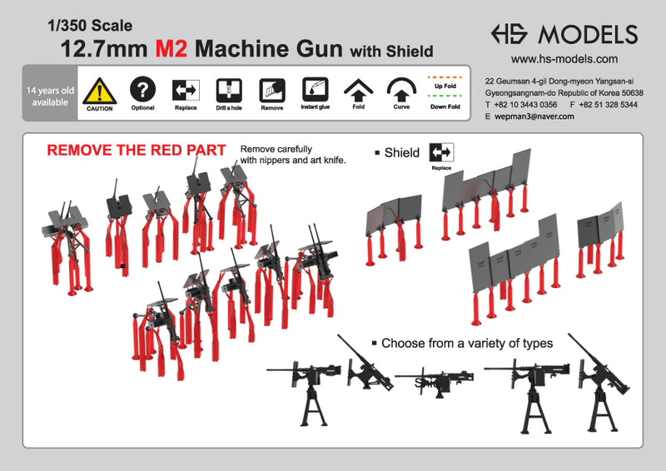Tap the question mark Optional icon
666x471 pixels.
(x=143, y=88)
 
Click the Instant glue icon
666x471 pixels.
(x=315, y=89)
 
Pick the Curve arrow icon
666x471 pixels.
(x=402, y=89)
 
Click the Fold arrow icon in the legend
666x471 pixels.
(x=359, y=89)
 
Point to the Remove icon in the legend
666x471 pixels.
(x=271, y=89)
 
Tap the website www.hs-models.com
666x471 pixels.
(x=564, y=59)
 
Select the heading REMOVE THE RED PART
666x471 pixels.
(x=136, y=151)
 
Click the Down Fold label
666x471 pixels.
(x=446, y=107)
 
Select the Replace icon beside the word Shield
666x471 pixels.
(x=440, y=152)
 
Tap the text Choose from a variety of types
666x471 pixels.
(x=472, y=343)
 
